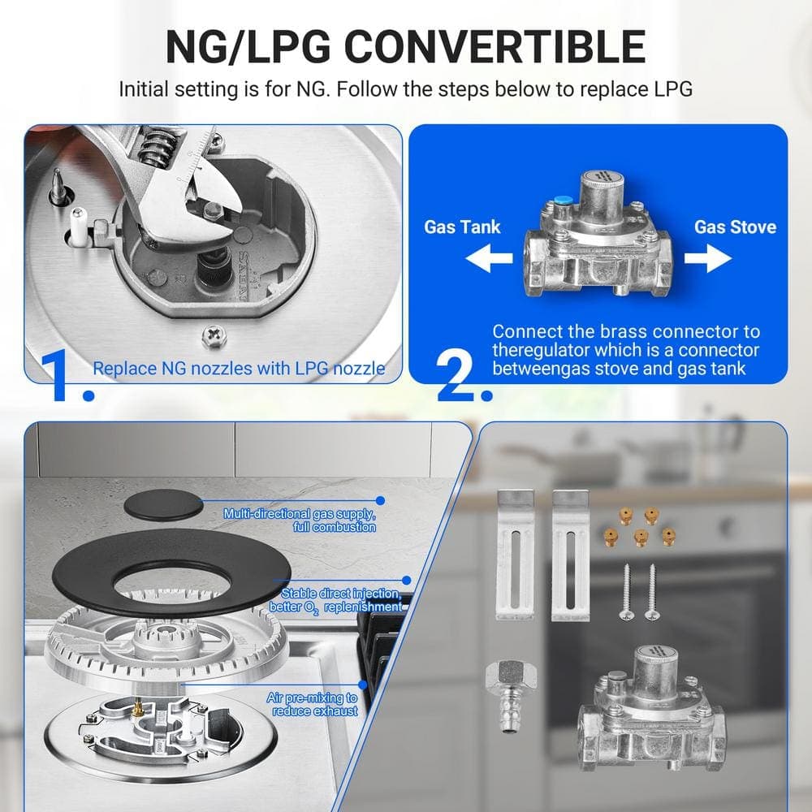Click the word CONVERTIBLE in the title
[x=495, y=46]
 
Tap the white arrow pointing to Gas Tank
[x=489, y=258]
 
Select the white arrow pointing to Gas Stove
[x=708, y=258]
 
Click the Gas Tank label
[x=462, y=227]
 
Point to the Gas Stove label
[x=735, y=227]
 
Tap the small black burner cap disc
[x=163, y=505]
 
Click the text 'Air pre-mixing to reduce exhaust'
[x=313, y=704]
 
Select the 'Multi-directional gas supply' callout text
[x=300, y=520]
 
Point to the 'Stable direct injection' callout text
[x=335, y=600]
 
